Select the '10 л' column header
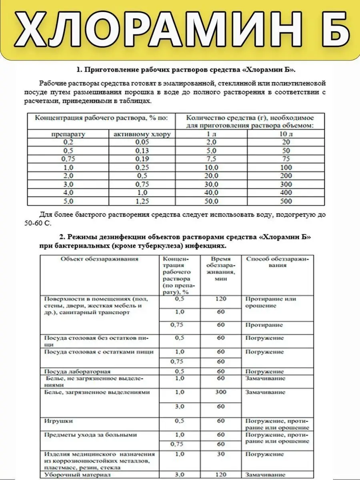(x=286, y=134)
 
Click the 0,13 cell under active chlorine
(x=142, y=151)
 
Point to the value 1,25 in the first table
(x=142, y=201)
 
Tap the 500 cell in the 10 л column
(x=286, y=201)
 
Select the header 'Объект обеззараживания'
(x=100, y=259)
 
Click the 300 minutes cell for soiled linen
(x=221, y=392)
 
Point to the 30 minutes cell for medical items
(x=221, y=454)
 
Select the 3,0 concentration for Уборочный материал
(x=180, y=475)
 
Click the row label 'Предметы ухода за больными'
(x=91, y=435)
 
